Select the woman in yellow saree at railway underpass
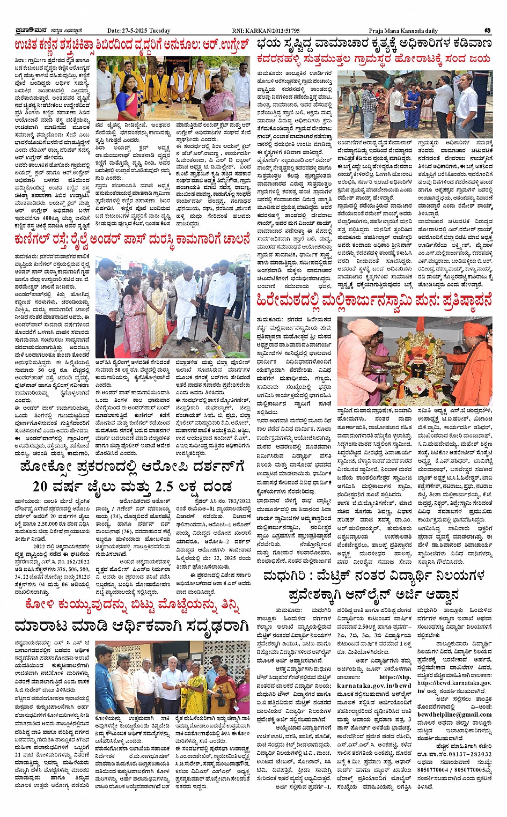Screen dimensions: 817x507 [x=156, y=311]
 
